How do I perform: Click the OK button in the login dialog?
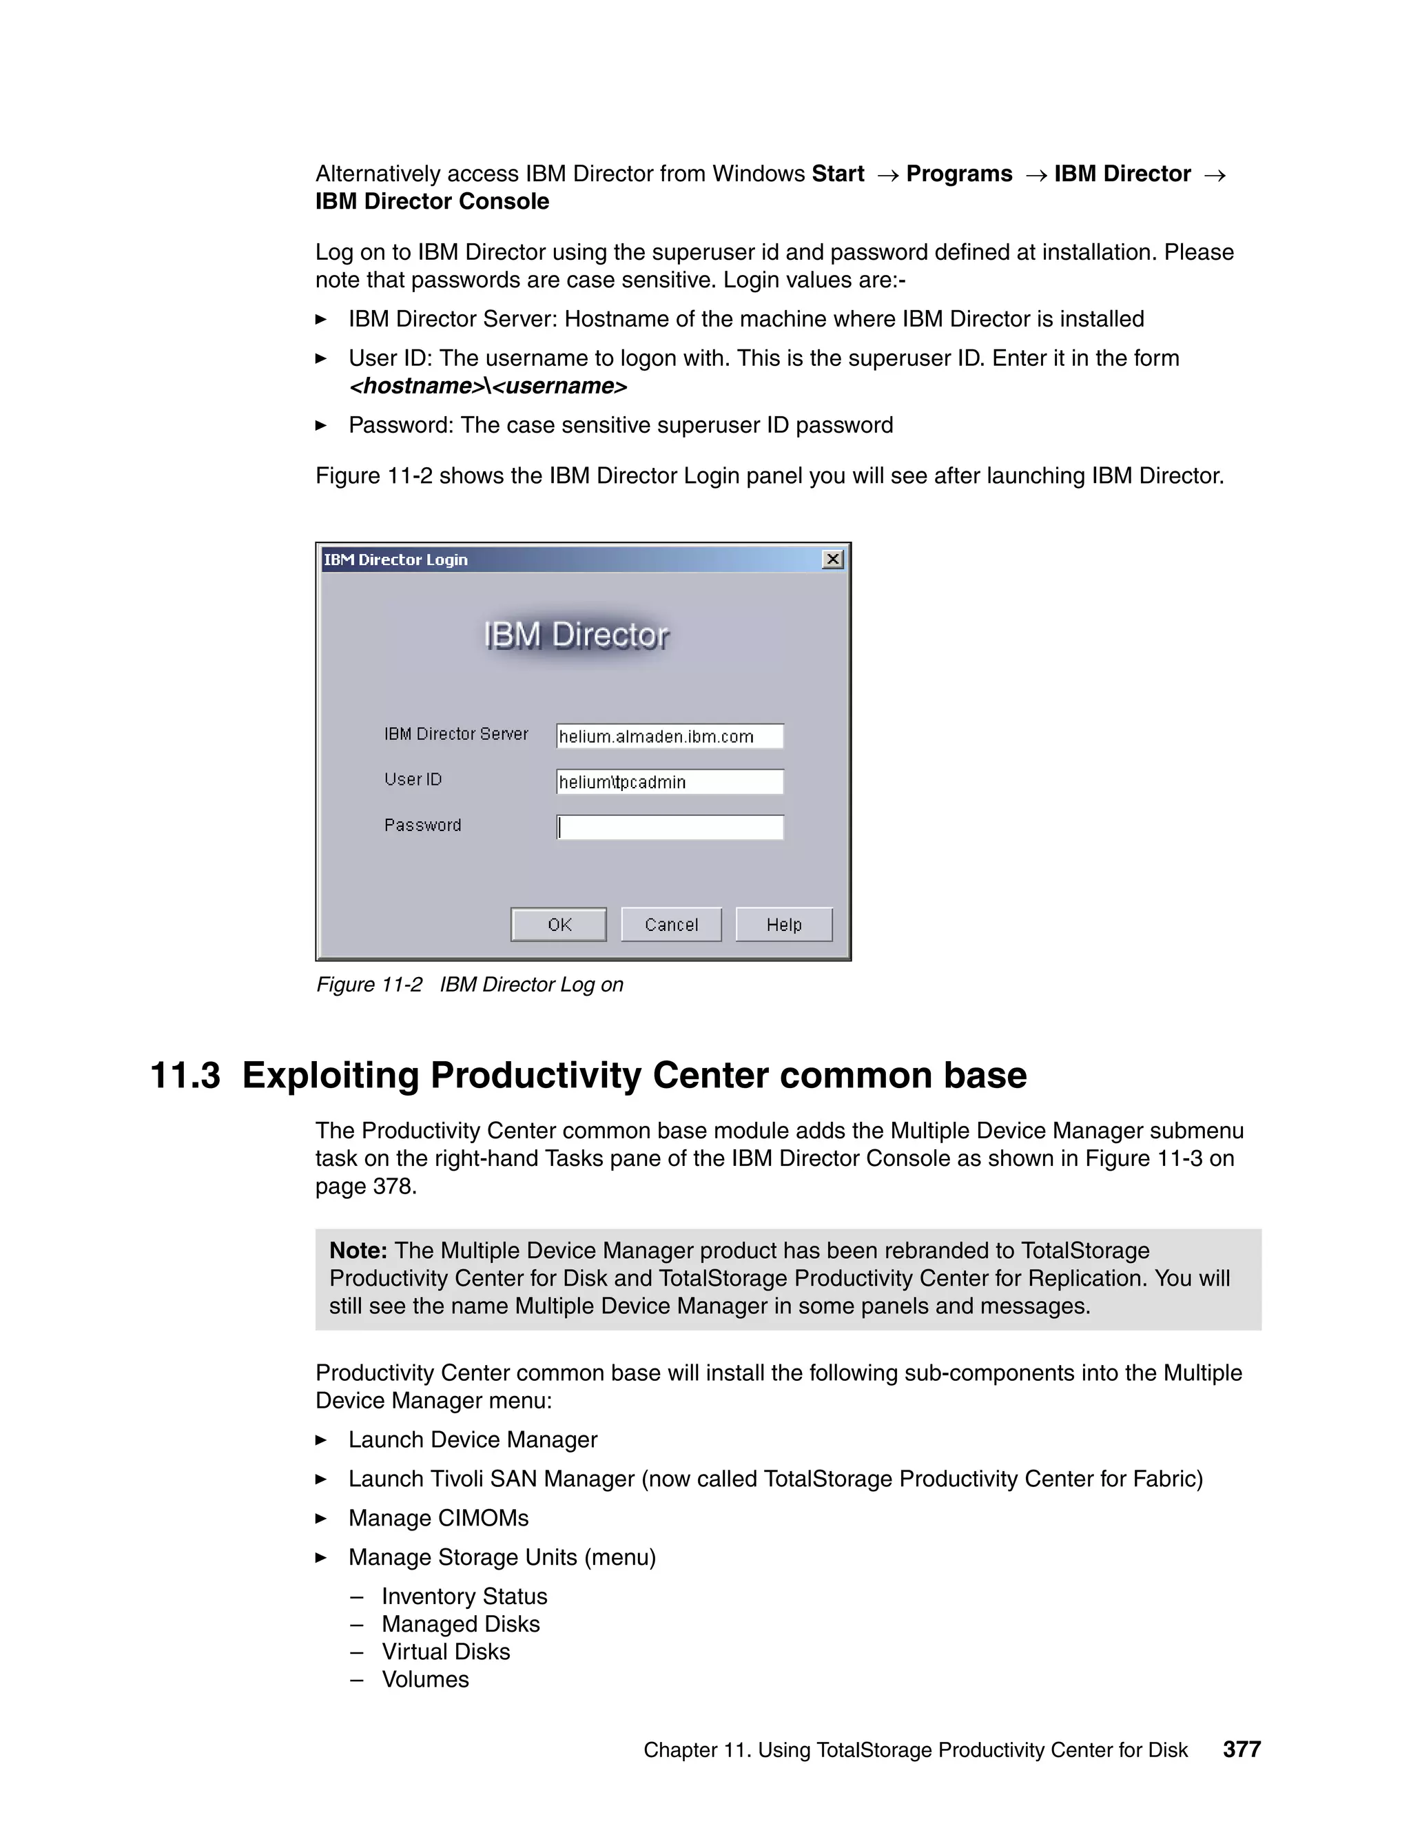[x=558, y=924]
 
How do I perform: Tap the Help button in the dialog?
[x=783, y=924]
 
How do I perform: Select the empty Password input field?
[x=670, y=827]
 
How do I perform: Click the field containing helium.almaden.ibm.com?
[x=670, y=736]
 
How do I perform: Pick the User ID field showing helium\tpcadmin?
[x=670, y=782]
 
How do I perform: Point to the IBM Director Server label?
[x=455, y=733]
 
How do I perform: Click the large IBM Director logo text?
[x=576, y=635]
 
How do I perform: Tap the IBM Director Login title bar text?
[x=395, y=560]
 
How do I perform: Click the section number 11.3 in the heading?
[x=185, y=1075]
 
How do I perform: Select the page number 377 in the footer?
[x=1242, y=1749]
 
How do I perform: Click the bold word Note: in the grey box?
[x=358, y=1250]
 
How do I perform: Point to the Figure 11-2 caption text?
[x=469, y=984]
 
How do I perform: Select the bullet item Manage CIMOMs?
[x=438, y=1517]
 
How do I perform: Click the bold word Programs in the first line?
[x=959, y=174]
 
